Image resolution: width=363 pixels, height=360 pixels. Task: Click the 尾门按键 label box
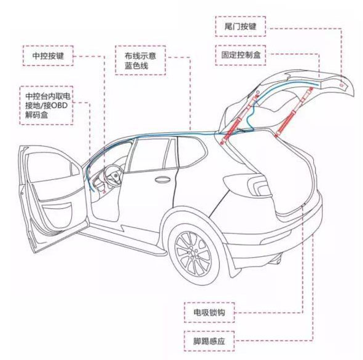240,26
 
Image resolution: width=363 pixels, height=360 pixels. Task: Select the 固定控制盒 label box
240,55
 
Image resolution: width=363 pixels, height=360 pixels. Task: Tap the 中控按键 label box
48,56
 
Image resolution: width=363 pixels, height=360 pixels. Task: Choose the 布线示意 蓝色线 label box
140,60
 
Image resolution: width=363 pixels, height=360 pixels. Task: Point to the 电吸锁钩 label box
209,312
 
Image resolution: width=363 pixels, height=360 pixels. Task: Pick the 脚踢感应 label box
209,341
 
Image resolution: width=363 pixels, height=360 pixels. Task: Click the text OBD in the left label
59,106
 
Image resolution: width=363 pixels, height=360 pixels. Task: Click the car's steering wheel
113,175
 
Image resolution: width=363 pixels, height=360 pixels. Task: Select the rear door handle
162,179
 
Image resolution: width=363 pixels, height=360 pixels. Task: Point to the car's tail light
258,185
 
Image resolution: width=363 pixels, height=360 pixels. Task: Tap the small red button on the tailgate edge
341,85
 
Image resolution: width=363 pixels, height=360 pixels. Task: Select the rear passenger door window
149,155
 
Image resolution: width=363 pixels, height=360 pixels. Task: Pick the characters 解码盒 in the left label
37,115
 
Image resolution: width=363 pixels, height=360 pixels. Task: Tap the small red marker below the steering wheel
104,192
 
